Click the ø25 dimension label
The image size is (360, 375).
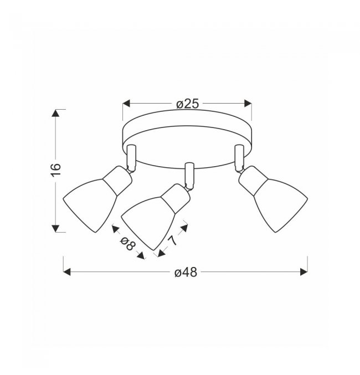point(188,104)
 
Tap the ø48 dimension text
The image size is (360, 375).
point(186,273)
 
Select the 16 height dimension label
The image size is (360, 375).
point(56,170)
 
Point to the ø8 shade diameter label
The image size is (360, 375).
point(128,244)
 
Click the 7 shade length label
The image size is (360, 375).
point(173,240)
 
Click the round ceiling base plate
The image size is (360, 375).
point(187,139)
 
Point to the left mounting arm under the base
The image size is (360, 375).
point(131,158)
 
